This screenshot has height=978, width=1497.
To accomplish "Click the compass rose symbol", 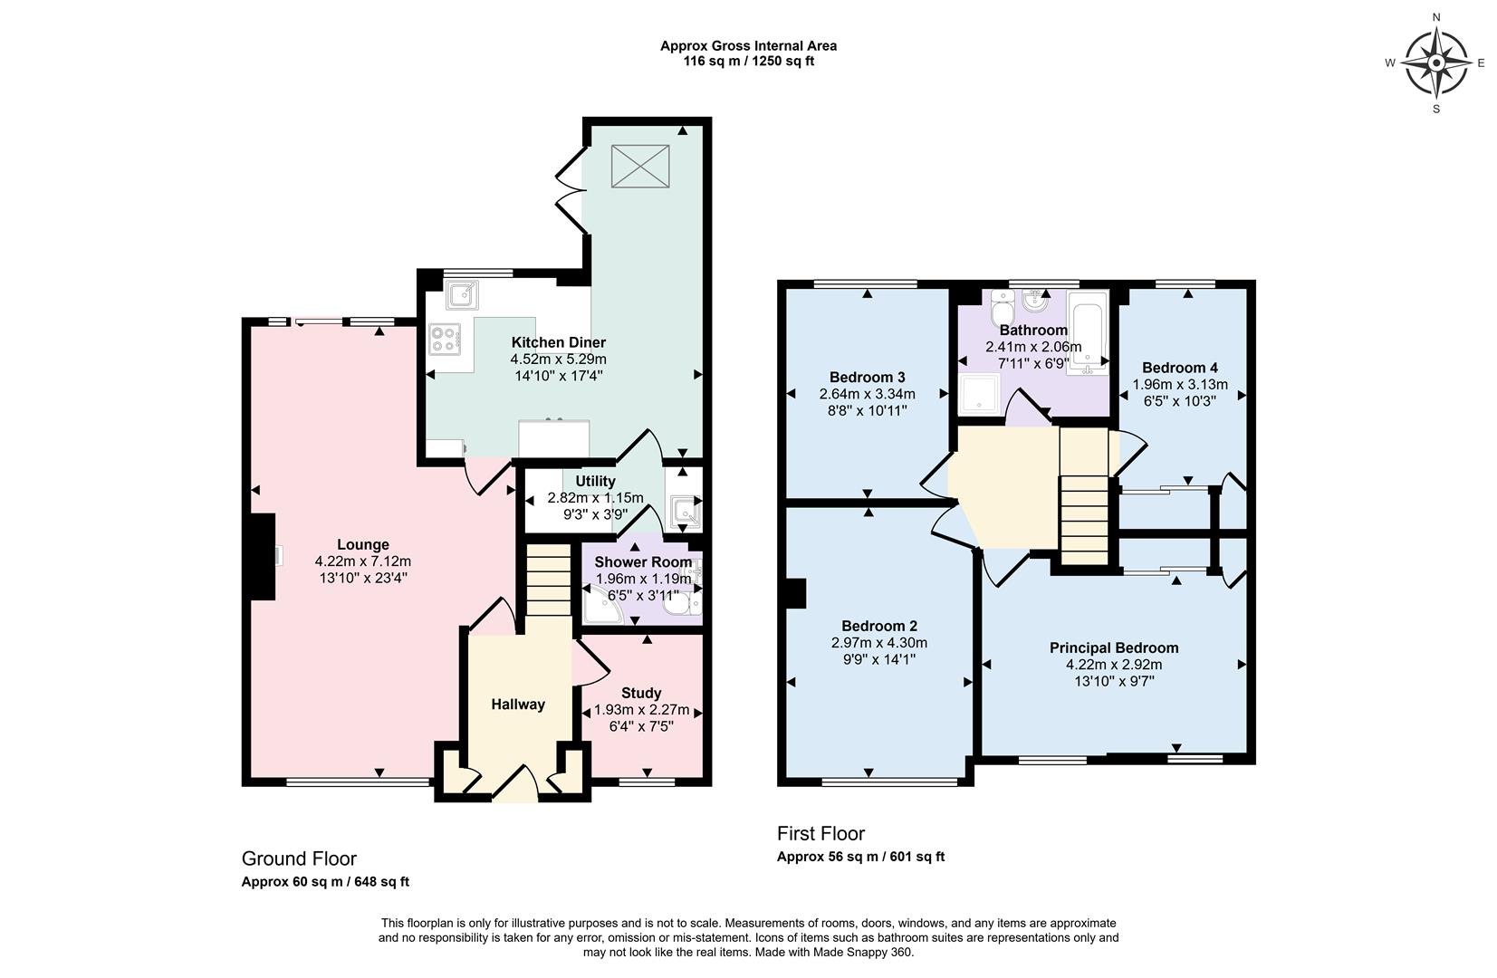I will coord(1436,62).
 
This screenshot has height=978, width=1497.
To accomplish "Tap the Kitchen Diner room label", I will coord(558,342).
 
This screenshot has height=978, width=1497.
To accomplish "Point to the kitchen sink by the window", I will coord(463,294).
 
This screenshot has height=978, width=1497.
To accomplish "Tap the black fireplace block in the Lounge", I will coord(262,556).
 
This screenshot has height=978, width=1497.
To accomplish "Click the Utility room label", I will coord(595,481).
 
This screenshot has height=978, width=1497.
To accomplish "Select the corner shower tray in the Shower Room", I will coord(600,607).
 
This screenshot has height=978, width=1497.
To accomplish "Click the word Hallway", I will coord(518,705).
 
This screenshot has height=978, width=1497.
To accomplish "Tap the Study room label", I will coord(640,693).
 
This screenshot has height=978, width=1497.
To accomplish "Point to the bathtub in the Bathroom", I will coord(1088,332).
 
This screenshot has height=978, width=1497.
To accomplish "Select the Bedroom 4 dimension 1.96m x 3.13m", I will coord(1179,384).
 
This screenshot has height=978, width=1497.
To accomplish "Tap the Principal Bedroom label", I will coord(1113,647).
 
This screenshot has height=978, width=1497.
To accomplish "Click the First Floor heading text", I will coord(820,833).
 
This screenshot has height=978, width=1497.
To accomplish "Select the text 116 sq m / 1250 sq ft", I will coord(748,62).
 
